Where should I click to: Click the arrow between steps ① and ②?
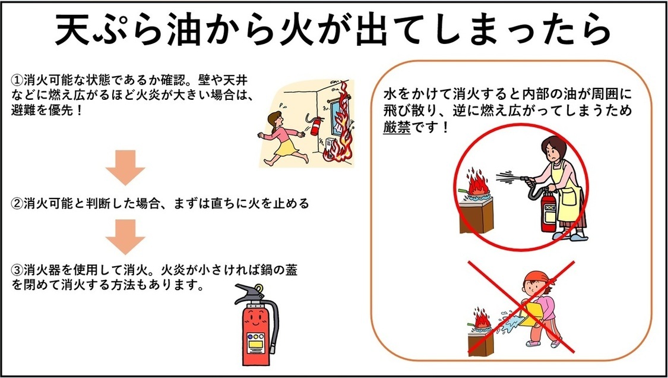(125, 168)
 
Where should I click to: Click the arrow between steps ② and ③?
(125, 237)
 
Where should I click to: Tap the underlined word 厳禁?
(397, 128)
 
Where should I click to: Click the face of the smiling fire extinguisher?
(255, 320)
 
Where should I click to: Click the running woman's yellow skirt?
(286, 147)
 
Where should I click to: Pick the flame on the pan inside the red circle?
(478, 182)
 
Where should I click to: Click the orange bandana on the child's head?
(537, 278)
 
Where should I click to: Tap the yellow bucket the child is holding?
(530, 314)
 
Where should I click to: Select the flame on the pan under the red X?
(482, 318)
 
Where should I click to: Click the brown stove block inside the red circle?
(476, 216)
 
